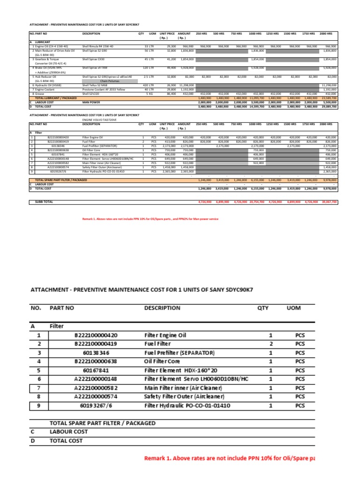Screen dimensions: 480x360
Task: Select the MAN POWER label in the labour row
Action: point(91,102)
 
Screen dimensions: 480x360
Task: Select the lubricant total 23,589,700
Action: point(328,97)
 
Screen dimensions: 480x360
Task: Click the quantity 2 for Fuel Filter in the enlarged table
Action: point(270,344)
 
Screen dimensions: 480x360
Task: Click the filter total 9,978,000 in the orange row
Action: point(329,180)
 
